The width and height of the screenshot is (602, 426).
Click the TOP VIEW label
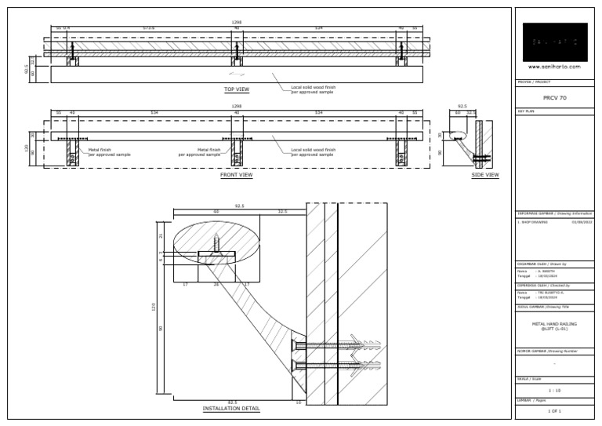point(236,89)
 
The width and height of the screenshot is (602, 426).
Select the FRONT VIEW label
point(236,175)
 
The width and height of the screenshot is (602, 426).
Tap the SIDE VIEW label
point(484,175)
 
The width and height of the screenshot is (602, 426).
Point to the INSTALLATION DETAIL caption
point(231,409)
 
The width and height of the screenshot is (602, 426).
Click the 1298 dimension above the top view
point(236,23)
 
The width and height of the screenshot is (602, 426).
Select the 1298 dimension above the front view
point(236,106)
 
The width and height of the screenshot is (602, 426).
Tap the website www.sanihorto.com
point(554,67)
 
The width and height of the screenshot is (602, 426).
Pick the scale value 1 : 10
point(554,389)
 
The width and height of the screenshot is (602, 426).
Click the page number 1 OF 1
point(554,411)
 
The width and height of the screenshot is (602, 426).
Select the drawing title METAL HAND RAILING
point(554,323)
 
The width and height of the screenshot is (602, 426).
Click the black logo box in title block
point(554,42)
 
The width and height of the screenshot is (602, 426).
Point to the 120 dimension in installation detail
point(154,307)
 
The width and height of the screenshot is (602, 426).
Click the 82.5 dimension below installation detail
point(233,402)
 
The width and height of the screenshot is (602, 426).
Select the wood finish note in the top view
point(313,89)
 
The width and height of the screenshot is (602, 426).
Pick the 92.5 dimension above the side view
point(462,105)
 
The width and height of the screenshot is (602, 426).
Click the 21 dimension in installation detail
point(161,235)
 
